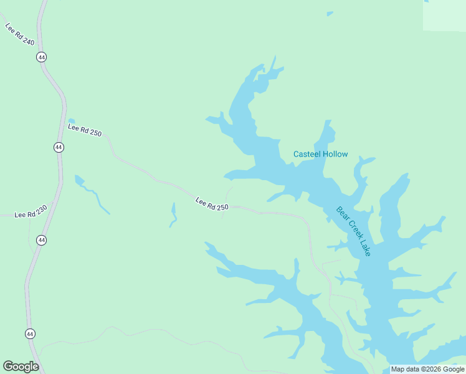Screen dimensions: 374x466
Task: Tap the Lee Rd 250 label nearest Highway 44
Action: pyautogui.click(x=84, y=130)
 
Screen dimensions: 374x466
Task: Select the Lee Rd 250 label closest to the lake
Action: pyautogui.click(x=212, y=203)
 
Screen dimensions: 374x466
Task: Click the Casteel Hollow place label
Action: pyautogui.click(x=321, y=154)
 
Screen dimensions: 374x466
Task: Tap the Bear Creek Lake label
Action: pyautogui.click(x=353, y=231)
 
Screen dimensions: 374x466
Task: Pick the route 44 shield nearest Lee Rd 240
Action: pyautogui.click(x=41, y=57)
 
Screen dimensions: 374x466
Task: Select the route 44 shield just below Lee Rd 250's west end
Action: pyautogui.click(x=59, y=147)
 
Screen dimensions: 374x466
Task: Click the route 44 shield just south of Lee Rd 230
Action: pyautogui.click(x=41, y=240)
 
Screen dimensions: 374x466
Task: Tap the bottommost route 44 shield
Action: pyautogui.click(x=30, y=334)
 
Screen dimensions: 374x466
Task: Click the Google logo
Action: pyautogui.click(x=21, y=367)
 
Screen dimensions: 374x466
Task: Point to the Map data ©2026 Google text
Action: pyautogui.click(x=427, y=369)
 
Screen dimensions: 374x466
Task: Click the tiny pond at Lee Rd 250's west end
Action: pyautogui.click(x=71, y=120)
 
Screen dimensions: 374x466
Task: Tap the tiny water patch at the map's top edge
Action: pyautogui.click(x=330, y=13)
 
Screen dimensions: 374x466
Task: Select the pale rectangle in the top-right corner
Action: pyautogui.click(x=444, y=16)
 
